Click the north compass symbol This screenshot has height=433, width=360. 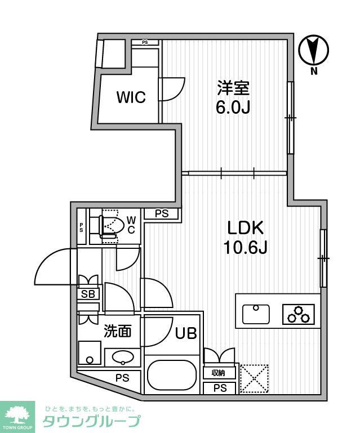coord(314,50)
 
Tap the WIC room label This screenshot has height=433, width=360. coord(131,97)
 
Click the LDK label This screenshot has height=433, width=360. coord(246,228)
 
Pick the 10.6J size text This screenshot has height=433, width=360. coord(246,247)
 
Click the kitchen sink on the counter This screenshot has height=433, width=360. coord(256,314)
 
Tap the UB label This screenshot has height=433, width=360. coord(185,333)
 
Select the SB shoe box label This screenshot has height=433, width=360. coord(88,294)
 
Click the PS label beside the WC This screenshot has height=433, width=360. coord(162,213)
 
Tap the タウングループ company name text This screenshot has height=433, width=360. coord(91,421)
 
